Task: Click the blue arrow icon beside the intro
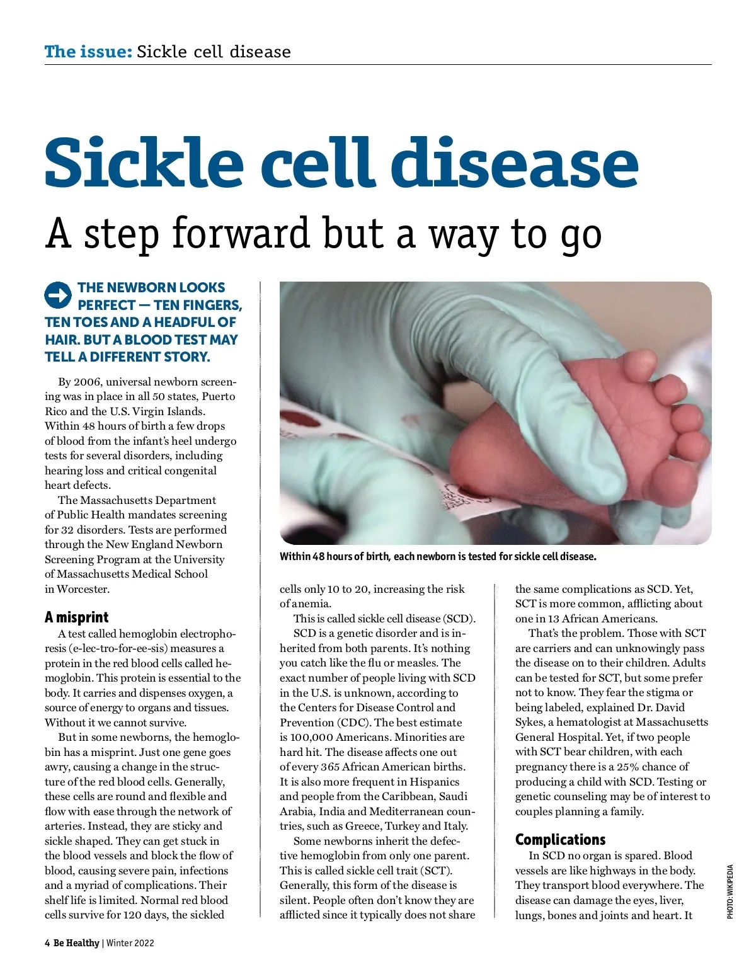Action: point(58,295)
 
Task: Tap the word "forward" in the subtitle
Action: point(241,233)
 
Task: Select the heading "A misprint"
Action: point(76,617)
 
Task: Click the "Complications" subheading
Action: point(560,839)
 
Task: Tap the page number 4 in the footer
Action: point(47,943)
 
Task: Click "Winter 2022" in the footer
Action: point(130,943)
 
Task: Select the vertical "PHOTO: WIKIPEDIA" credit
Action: point(730,891)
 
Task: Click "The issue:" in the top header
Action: point(88,52)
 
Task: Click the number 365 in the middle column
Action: point(330,767)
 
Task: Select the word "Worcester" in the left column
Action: point(83,589)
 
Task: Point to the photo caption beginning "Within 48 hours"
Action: point(438,557)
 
